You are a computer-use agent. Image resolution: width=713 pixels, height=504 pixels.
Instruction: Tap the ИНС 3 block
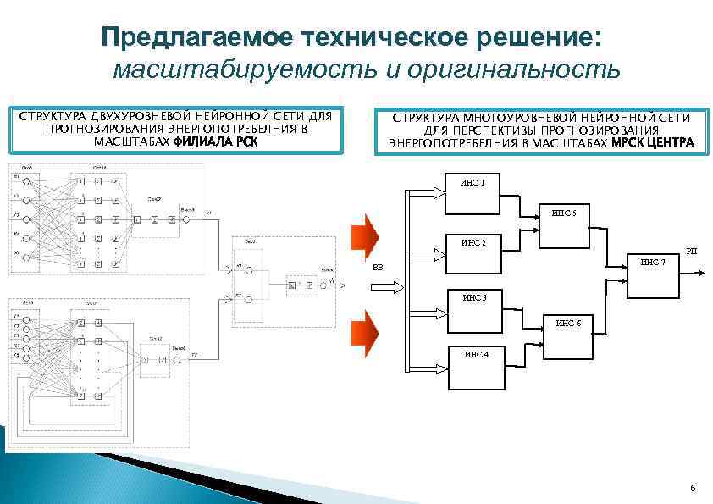pos(473,309)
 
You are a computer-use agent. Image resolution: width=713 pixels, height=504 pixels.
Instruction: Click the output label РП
pos(691,251)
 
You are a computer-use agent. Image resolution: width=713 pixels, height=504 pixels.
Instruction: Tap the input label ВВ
pos(378,268)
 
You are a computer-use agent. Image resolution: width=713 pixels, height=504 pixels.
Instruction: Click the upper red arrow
pos(368,235)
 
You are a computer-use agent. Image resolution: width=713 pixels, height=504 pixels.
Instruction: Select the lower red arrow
pos(368,330)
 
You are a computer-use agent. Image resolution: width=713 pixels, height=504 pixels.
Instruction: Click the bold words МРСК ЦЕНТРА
pos(652,143)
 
